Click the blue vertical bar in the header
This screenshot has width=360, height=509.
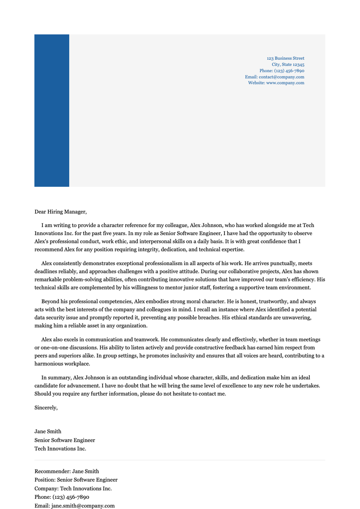pyautogui.click(x=52, y=110)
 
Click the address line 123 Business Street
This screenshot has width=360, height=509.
pyautogui.click(x=285, y=58)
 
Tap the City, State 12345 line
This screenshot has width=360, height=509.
pyautogui.click(x=288, y=64)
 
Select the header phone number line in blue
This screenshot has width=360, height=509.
pyautogui.click(x=282, y=71)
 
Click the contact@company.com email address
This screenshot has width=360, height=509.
pyautogui.click(x=281, y=77)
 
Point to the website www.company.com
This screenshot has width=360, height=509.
pyautogui.click(x=285, y=83)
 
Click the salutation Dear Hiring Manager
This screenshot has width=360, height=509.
pyautogui.click(x=60, y=212)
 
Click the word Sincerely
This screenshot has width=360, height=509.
pyautogui.click(x=46, y=408)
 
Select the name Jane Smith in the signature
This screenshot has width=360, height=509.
pyautogui.click(x=48, y=431)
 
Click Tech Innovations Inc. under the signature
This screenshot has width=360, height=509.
pyautogui.click(x=60, y=449)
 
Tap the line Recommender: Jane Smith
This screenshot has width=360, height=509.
pyautogui.click(x=67, y=471)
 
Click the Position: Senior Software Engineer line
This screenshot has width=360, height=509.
pyautogui.click(x=76, y=480)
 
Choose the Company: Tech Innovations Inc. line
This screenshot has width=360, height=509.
pyautogui.click(x=73, y=489)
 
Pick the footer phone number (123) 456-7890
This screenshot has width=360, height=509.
pyautogui.click(x=71, y=497)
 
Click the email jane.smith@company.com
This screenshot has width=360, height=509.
pyautogui.click(x=83, y=506)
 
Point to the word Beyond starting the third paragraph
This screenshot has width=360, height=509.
pyautogui.click(x=50, y=301)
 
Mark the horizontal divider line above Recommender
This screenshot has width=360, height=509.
pyautogui.click(x=180, y=460)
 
